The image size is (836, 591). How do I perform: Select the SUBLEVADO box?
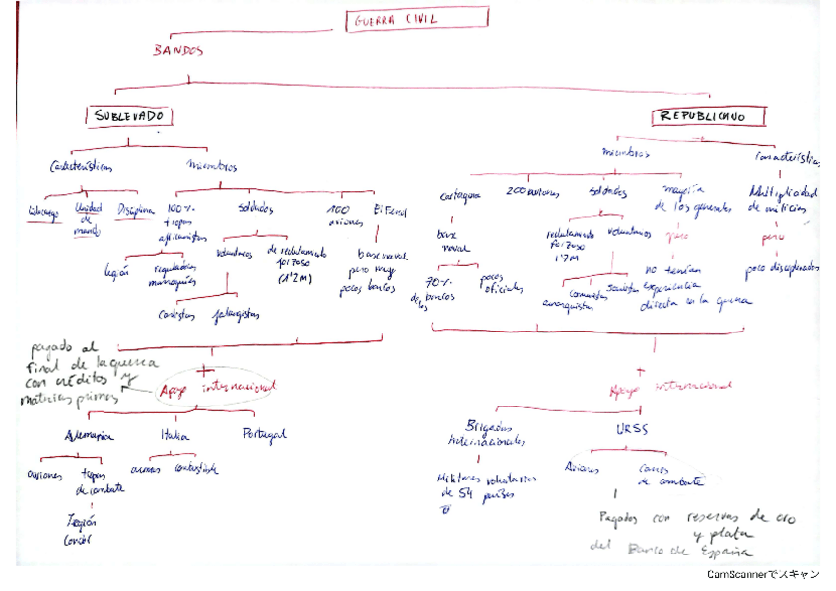tap(128, 116)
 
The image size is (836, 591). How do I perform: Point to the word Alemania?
tap(90, 435)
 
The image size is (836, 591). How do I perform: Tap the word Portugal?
tap(263, 434)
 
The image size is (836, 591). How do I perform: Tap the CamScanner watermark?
tap(762, 574)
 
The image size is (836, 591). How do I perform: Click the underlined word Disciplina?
tap(136, 209)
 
